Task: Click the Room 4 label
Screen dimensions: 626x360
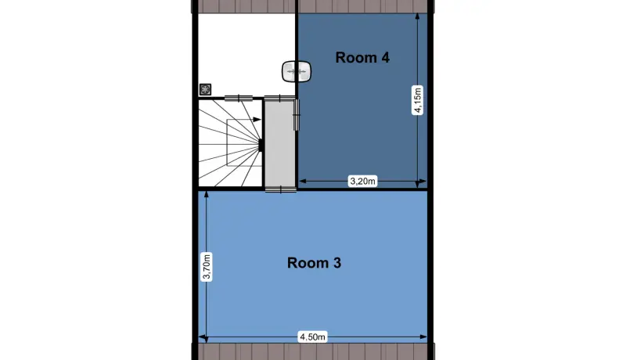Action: click(x=362, y=57)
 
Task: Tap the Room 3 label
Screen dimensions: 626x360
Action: click(x=315, y=263)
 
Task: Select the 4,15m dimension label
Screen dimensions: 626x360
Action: click(x=418, y=100)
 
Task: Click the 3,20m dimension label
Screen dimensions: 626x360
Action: click(x=362, y=182)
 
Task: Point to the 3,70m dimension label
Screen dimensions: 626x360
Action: click(x=207, y=267)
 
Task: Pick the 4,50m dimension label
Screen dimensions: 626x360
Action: click(x=312, y=337)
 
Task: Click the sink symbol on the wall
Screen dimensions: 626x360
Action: click(x=297, y=72)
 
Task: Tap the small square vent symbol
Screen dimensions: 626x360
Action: click(x=205, y=89)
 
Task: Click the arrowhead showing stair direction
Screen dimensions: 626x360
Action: click(x=257, y=119)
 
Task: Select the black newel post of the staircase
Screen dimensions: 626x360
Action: click(x=261, y=145)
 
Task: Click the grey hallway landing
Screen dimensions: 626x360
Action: click(x=280, y=144)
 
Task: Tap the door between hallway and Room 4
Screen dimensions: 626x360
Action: click(x=297, y=115)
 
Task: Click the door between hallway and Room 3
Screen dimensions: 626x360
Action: click(x=281, y=189)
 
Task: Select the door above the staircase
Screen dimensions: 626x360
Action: click(x=239, y=98)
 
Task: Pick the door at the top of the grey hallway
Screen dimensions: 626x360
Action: click(x=280, y=98)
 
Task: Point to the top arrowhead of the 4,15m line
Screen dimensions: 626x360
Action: click(x=418, y=16)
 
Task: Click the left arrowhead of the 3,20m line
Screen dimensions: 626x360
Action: click(x=303, y=182)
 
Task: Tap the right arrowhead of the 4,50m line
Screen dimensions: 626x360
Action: click(x=423, y=337)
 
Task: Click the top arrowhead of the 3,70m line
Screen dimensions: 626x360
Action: click(x=207, y=195)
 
